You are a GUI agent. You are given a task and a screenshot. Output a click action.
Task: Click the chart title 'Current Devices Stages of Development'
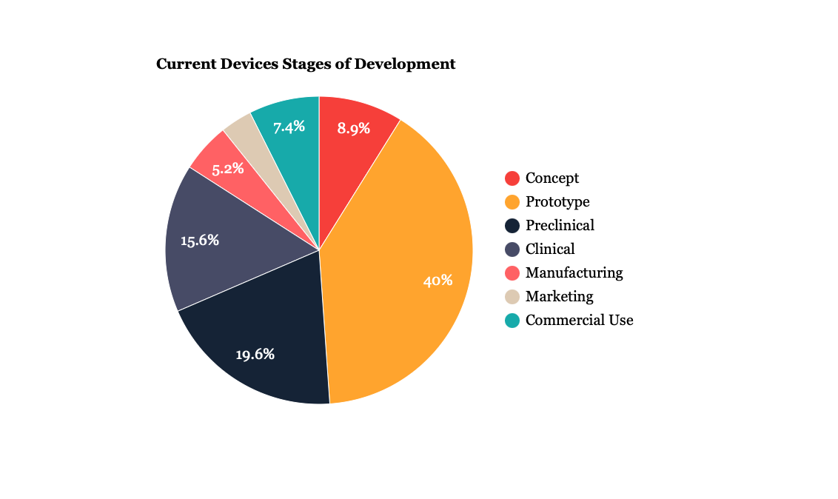(306, 64)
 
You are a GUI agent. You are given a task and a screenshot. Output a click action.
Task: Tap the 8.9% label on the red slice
(354, 128)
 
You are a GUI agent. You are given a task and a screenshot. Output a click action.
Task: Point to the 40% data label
(438, 281)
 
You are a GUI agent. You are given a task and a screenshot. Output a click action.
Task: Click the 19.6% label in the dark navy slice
(255, 355)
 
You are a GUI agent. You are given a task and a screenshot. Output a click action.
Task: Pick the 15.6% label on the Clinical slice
(200, 241)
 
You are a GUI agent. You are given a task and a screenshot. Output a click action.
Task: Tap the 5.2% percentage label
(228, 169)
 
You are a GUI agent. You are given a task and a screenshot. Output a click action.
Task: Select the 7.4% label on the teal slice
(289, 127)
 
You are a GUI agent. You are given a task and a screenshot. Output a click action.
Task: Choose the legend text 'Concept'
(552, 178)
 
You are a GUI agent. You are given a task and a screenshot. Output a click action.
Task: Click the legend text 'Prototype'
(557, 202)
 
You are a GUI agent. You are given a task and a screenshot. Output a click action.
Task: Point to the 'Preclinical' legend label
(560, 226)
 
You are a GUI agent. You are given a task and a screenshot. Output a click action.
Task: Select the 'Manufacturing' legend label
(574, 273)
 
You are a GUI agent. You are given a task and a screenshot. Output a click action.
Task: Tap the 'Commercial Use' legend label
(579, 321)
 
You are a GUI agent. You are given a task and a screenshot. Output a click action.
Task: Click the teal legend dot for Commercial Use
(512, 321)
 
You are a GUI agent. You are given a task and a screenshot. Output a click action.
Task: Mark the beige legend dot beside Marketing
(512, 297)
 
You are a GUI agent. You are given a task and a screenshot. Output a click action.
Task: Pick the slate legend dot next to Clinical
(512, 249)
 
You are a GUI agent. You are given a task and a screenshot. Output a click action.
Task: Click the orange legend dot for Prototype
(512, 202)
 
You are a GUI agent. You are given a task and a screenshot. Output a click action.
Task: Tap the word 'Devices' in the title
(249, 64)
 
